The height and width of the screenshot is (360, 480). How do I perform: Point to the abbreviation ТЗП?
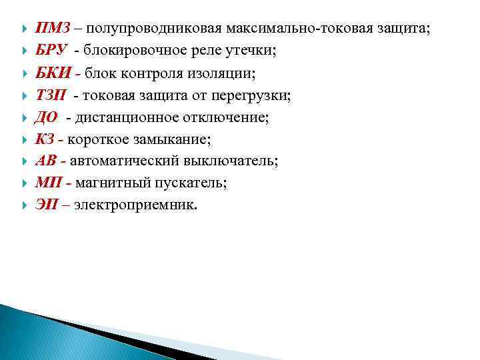pyautogui.click(x=51, y=95)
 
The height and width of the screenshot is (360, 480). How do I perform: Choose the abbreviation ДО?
pyautogui.click(x=47, y=117)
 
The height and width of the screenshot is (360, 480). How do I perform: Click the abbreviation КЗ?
pyautogui.click(x=45, y=139)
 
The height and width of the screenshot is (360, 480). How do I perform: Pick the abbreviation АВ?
pyautogui.click(x=46, y=161)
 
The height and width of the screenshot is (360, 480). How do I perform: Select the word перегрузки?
pyautogui.click(x=251, y=95)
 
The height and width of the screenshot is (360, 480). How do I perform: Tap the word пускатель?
pyautogui.click(x=191, y=183)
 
